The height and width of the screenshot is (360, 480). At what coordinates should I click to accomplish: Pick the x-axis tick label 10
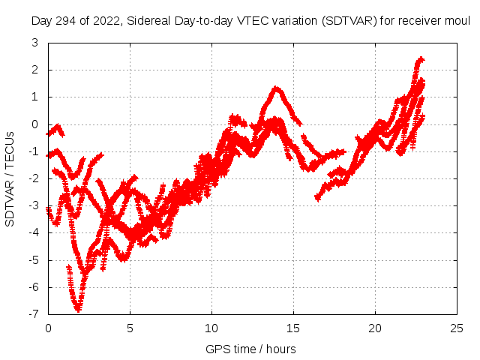click(212, 328)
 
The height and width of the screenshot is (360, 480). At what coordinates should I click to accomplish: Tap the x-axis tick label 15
click(294, 328)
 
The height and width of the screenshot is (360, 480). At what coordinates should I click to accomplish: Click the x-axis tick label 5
click(130, 328)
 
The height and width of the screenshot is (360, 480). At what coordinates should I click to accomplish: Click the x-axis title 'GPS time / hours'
click(250, 349)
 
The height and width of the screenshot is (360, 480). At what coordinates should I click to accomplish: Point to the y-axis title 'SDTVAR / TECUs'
click(10, 178)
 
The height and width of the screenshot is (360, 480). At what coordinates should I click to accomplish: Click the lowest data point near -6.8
click(77, 308)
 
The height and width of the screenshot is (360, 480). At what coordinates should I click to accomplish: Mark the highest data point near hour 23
click(420, 58)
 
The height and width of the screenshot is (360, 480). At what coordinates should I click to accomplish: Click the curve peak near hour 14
click(277, 88)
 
